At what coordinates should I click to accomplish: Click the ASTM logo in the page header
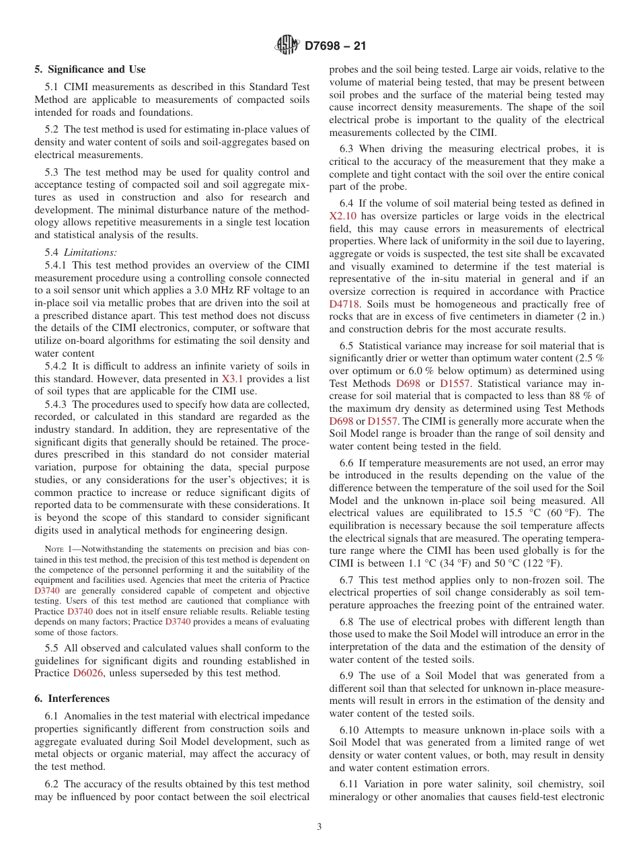[x=288, y=46]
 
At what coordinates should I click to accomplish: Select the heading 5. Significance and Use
[x=90, y=69]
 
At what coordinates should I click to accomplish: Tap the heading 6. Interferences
[x=72, y=699]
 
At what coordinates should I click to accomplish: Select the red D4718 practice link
[x=344, y=304]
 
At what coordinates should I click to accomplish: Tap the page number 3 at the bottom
[x=319, y=827]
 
